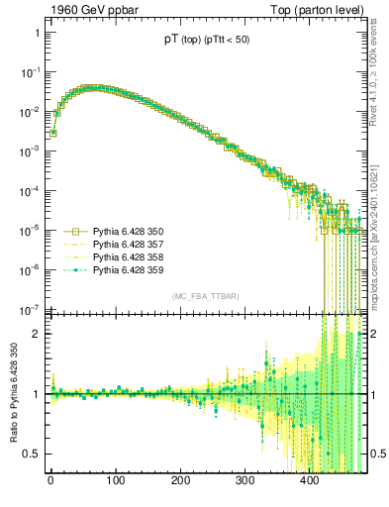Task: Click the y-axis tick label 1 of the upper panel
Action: [x=36, y=33]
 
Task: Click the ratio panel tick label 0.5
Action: [x=32, y=454]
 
